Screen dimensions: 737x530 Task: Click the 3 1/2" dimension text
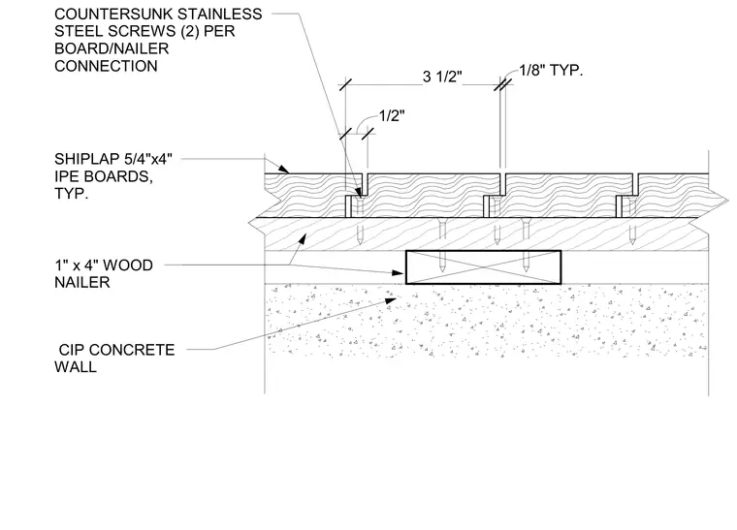tap(442, 76)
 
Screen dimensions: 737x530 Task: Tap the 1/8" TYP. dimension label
tap(551, 71)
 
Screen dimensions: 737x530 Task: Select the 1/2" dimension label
tap(392, 115)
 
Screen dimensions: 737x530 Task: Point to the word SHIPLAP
tap(81, 159)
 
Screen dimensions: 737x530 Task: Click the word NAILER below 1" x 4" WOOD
tap(82, 282)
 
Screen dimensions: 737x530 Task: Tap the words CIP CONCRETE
tap(116, 350)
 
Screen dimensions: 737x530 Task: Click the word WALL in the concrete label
tap(76, 366)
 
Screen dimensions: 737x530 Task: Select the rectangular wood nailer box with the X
tap(483, 267)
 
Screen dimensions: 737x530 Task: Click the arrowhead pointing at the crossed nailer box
tap(399, 272)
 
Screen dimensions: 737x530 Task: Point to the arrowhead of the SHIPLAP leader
tap(283, 169)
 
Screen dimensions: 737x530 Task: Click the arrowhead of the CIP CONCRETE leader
tap(391, 300)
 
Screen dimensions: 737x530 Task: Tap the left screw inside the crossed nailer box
tap(442, 262)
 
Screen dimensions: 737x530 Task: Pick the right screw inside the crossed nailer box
tap(526, 262)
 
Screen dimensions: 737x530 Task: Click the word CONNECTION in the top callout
tap(106, 66)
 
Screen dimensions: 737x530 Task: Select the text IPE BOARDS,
tap(104, 176)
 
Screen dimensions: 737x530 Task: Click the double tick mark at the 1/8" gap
tap(502, 85)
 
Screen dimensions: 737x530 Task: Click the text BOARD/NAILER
tap(112, 48)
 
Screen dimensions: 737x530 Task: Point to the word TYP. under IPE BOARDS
tap(72, 194)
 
